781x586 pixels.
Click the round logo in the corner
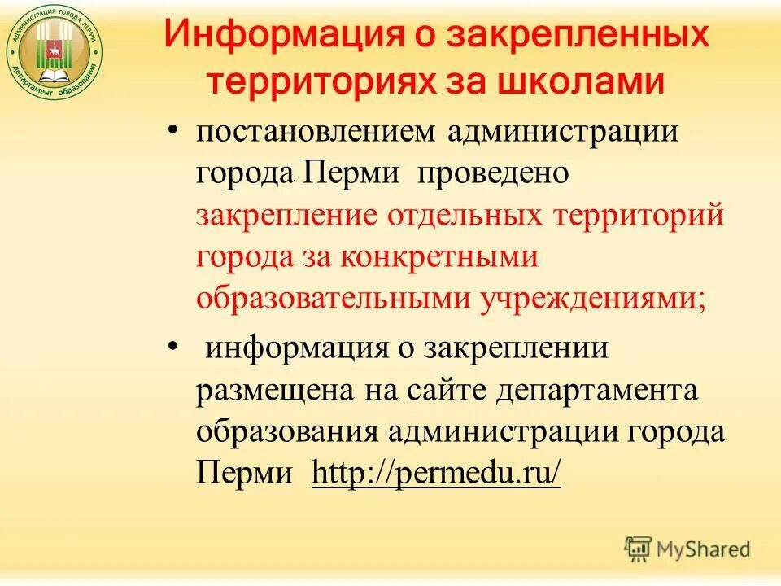click(x=55, y=52)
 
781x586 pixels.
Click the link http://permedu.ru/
click(x=436, y=471)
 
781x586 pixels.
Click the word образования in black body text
click(x=286, y=431)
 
